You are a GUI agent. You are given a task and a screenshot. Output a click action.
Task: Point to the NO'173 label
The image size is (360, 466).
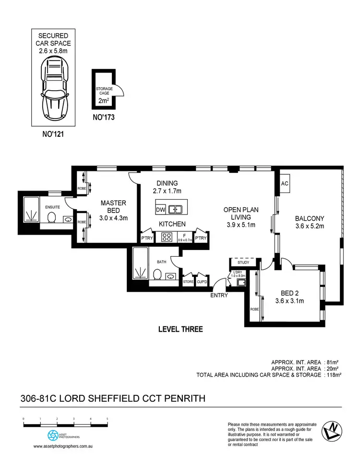(103, 117)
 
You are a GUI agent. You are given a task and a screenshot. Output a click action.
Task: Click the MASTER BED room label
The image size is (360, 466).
(113, 206)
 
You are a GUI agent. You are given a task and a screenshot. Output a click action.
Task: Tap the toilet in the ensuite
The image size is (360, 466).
(52, 218)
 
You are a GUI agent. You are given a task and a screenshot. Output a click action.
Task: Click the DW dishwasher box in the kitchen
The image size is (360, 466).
(161, 210)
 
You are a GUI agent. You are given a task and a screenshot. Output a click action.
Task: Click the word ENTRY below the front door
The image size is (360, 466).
(219, 295)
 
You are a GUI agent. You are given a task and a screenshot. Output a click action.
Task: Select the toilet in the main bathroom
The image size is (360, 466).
(157, 274)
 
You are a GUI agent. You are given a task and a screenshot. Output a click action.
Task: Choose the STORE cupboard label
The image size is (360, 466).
(188, 282)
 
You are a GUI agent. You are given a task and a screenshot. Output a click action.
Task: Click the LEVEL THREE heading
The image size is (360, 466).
(180, 329)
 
